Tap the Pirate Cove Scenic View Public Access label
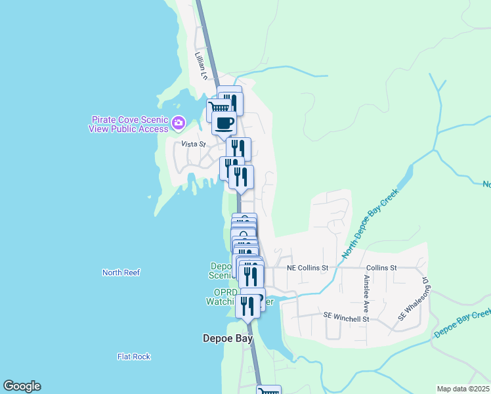pos(129,124)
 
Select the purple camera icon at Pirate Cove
pos(178,123)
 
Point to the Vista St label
pos(194,144)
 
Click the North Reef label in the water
pos(121,273)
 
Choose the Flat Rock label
pos(134,357)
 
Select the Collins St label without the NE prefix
pos(381,268)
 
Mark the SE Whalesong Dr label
pos(412,299)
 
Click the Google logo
pos(22,386)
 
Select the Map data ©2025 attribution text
pos(463,389)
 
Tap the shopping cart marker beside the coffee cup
pos(219,108)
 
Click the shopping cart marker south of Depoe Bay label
pos(268,391)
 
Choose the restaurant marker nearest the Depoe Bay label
pos(247,306)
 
